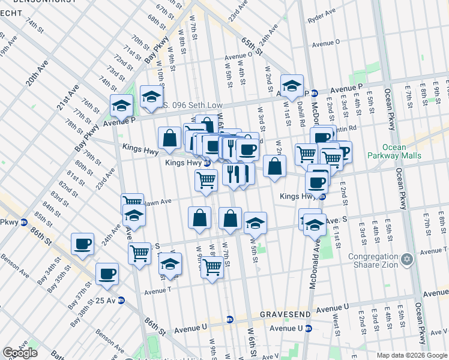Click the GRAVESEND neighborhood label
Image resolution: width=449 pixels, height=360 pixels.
[x=283, y=314]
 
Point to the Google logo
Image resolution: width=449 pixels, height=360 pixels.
[x=20, y=353]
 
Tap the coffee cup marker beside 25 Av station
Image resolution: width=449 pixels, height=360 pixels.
[x=107, y=273]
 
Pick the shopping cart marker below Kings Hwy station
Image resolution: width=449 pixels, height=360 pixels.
[x=206, y=179]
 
